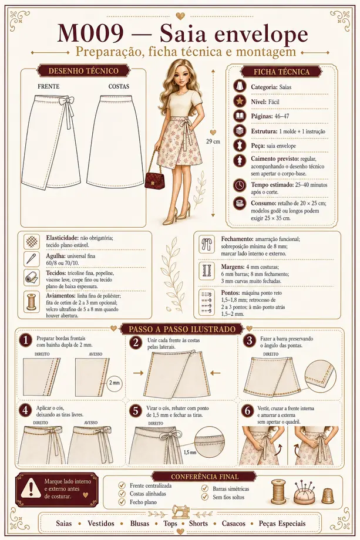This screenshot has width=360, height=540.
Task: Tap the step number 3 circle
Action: point(250,340)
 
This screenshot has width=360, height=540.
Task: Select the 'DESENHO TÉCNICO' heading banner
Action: point(83,71)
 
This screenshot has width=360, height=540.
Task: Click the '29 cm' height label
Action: point(213,141)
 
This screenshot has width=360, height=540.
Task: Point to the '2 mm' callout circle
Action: point(115,383)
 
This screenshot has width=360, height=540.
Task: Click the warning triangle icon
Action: point(31,488)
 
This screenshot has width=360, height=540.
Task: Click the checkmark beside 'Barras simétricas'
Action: point(205,488)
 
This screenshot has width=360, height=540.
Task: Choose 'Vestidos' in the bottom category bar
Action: point(100,524)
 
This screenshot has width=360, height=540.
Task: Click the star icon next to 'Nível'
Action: point(240,101)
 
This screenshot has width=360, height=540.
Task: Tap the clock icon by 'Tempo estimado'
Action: point(240,185)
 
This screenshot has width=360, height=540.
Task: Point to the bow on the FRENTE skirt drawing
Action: point(65,102)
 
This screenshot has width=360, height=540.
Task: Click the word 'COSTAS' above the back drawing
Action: point(119,86)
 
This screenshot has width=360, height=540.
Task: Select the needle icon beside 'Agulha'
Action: point(32,259)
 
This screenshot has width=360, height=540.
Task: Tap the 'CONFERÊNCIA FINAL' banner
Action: point(204,477)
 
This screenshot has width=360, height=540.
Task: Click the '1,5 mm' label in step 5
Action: point(190,453)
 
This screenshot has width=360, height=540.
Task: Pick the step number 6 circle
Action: point(247,410)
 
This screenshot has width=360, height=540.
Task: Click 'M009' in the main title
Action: point(91,34)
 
